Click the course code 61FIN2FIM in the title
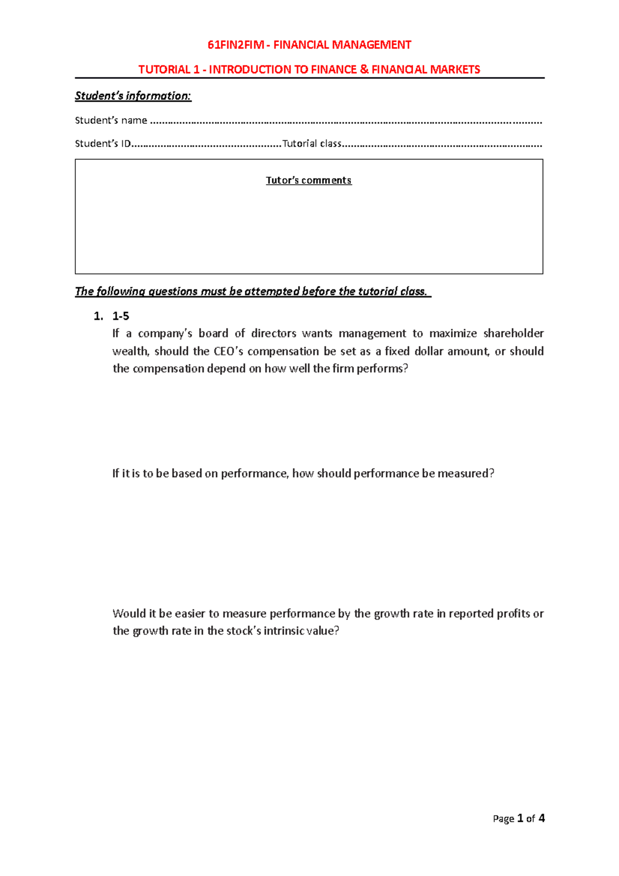(235, 45)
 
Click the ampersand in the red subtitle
(364, 70)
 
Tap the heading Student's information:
(133, 96)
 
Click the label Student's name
(111, 120)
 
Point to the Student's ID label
(103, 143)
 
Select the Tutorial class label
(312, 143)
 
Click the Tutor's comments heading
(308, 180)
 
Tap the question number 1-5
(121, 316)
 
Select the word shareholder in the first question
(513, 333)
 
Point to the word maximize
(453, 333)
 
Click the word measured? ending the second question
(466, 473)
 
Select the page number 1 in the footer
(520, 818)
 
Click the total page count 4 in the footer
(541, 818)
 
